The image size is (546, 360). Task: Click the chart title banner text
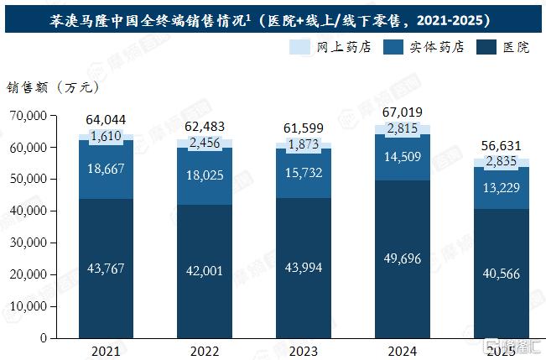coord(269,21)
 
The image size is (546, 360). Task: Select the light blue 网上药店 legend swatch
coord(299,47)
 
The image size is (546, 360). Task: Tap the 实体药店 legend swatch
coord(393,47)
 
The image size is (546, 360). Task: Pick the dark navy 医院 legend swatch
coord(486,47)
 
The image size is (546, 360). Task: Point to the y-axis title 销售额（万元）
coord(53,87)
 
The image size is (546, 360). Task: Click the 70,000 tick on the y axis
coord(29,115)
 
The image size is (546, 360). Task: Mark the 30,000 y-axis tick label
coord(29,243)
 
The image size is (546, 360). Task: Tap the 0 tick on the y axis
coord(44,337)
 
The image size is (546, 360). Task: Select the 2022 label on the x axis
coord(205,352)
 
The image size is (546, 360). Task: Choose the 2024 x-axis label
coord(403,352)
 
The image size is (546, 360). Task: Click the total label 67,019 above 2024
coord(403,112)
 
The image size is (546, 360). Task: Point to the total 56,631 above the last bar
coord(501,146)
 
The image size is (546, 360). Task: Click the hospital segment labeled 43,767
coord(106,269)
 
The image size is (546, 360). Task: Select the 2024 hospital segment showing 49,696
coord(403,259)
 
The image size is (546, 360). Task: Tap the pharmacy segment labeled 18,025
coord(205,176)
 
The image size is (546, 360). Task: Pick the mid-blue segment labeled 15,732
coord(304,173)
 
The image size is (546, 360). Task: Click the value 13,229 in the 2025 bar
coord(501,188)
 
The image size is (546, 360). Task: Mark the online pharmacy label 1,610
coord(106,136)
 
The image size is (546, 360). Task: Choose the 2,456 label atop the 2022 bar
coord(205,143)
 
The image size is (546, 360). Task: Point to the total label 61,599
coord(304,128)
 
